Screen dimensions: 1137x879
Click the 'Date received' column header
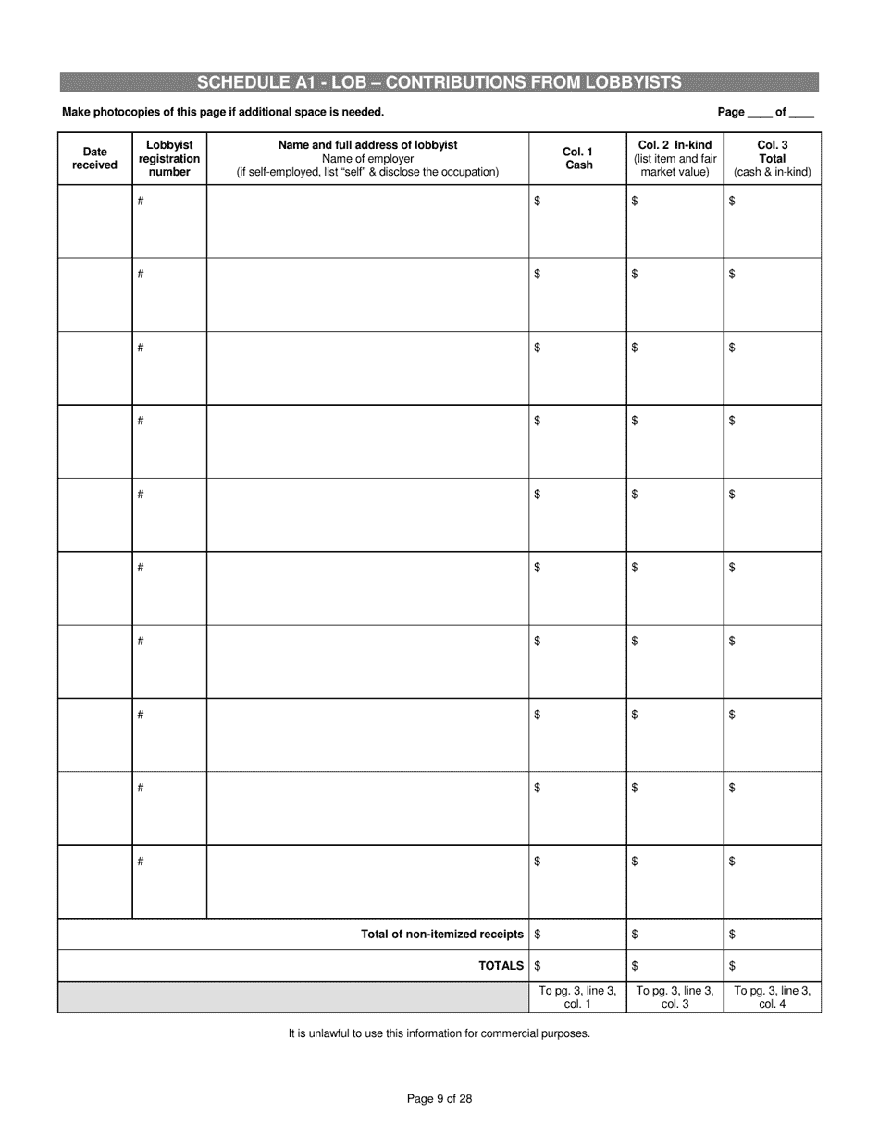[94, 158]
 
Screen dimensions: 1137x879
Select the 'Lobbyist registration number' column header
[169, 158]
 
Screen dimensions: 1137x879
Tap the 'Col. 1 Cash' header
[578, 158]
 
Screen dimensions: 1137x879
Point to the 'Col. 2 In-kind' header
[675, 158]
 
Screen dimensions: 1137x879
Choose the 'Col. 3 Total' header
[772, 158]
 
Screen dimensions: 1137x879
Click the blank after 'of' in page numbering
[801, 113]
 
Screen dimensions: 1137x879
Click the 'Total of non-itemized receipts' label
[442, 935]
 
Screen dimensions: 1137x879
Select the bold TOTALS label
[501, 966]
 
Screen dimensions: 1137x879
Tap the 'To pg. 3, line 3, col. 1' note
[577, 997]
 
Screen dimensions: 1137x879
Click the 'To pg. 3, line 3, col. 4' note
[772, 997]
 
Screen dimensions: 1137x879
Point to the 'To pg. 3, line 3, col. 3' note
[675, 997]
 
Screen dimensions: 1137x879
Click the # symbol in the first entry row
[141, 201]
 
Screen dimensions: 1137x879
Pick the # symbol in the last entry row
[141, 862]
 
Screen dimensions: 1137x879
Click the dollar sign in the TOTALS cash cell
[539, 966]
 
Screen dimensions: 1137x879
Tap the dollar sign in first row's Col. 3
[732, 201]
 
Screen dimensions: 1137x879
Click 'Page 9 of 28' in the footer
[439, 1099]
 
